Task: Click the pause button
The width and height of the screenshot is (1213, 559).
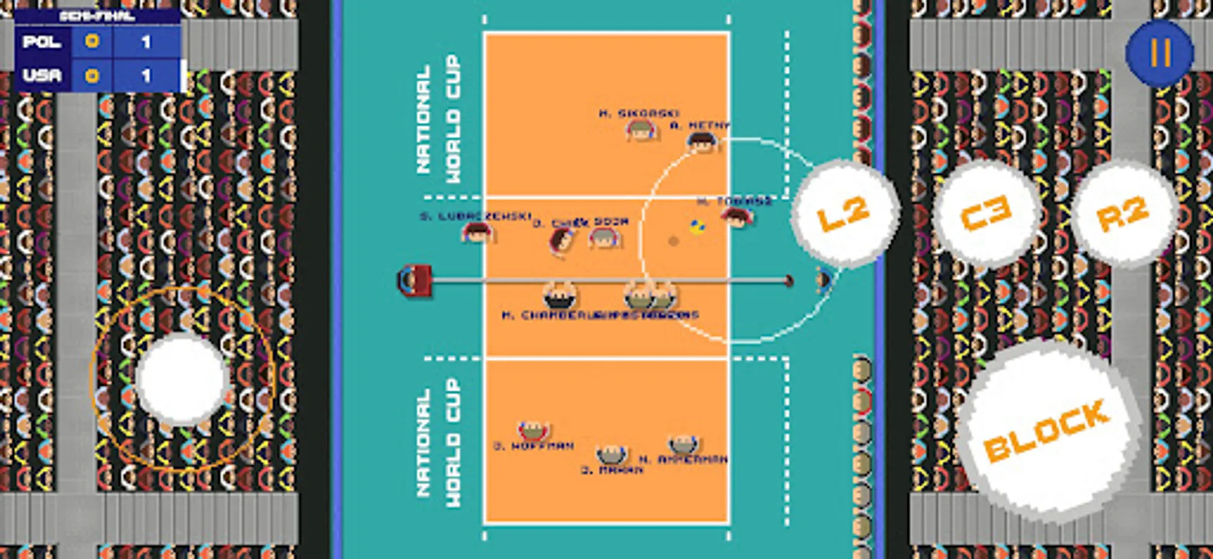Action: click(x=1159, y=53)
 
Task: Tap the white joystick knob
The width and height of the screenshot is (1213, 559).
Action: click(x=183, y=379)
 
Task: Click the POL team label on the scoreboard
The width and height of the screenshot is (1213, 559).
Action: click(x=42, y=42)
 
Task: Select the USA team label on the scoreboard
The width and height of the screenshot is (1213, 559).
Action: click(x=42, y=76)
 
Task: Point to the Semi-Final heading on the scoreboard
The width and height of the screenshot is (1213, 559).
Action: click(x=97, y=16)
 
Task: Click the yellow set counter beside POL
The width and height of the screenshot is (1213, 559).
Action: click(x=92, y=42)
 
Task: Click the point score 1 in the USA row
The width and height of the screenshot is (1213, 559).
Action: click(x=146, y=76)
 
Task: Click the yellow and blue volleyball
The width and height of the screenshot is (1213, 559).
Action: click(x=697, y=227)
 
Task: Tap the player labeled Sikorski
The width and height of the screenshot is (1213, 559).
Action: click(x=641, y=130)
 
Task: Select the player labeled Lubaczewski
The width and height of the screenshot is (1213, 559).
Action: click(x=477, y=233)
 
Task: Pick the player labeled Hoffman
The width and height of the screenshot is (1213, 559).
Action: click(x=533, y=431)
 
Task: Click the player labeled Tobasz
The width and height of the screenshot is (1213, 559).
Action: click(x=737, y=217)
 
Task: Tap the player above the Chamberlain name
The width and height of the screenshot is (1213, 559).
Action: click(x=559, y=296)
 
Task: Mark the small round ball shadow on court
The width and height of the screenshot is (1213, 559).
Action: click(x=673, y=241)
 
